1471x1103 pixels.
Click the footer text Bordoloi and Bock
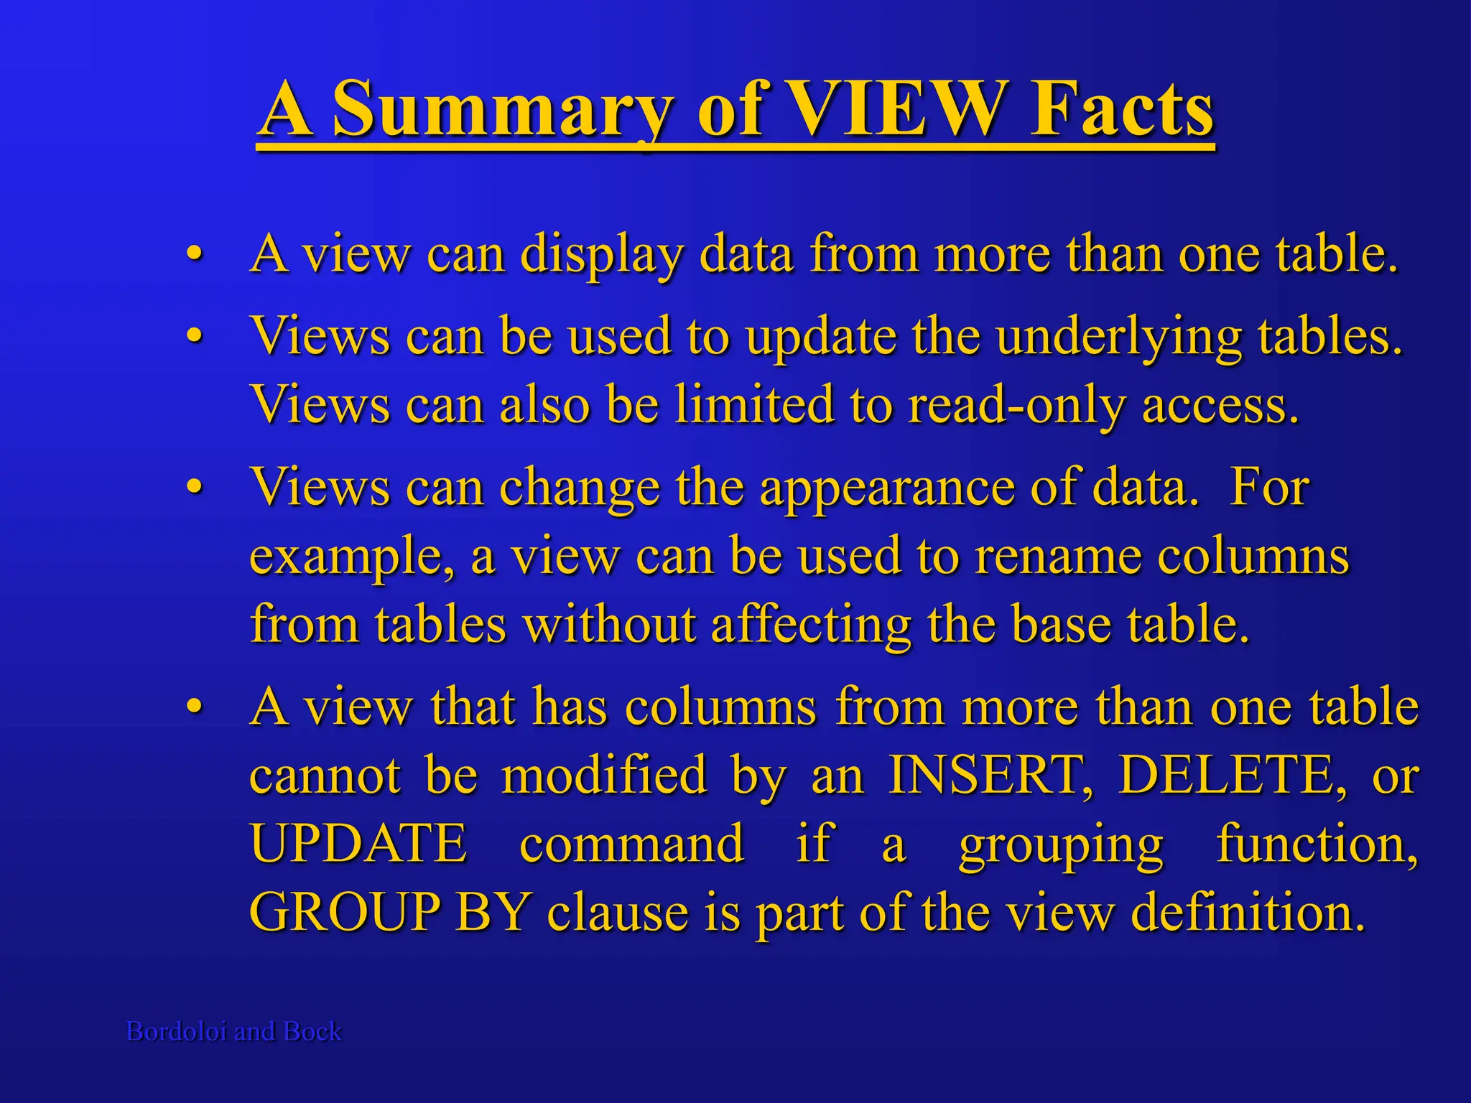234,1031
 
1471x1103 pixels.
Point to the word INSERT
990,775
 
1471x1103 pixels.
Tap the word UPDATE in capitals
358,843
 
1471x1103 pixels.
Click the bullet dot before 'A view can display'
193,255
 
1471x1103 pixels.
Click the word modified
604,775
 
